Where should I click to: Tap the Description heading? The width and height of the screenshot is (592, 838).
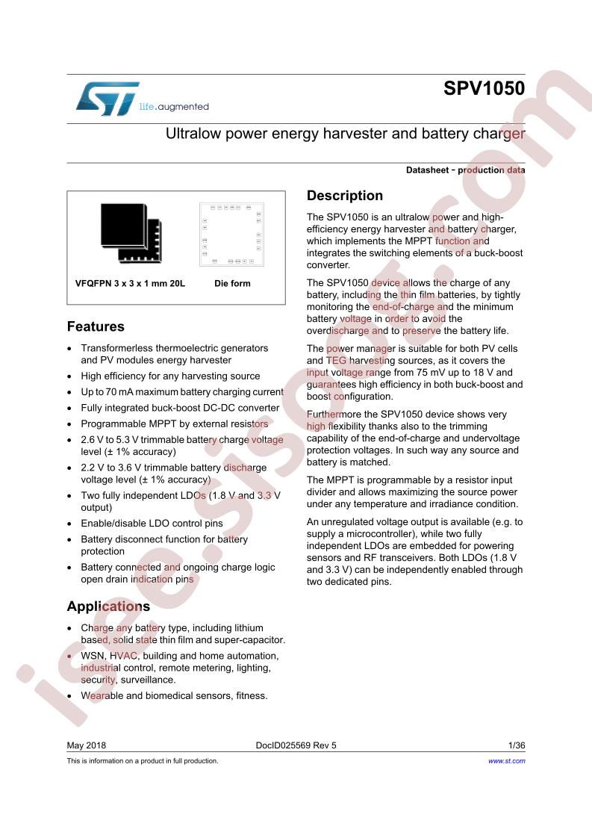[x=345, y=196]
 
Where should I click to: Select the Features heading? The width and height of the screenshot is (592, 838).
[x=96, y=326]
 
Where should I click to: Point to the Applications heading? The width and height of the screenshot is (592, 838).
[x=108, y=606]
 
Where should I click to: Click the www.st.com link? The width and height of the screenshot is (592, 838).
[x=506, y=760]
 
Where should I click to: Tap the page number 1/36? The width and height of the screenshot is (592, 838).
[x=516, y=745]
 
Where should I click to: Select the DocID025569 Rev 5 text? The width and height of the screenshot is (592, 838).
[x=296, y=745]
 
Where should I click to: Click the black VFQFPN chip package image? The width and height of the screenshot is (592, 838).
[x=131, y=232]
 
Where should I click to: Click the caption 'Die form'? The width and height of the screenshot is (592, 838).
[x=232, y=284]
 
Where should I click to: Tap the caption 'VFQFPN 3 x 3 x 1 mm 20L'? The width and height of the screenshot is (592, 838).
[x=130, y=284]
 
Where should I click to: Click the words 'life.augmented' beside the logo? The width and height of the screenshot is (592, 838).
[x=174, y=107]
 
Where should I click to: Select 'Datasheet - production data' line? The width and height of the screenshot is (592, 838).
[x=465, y=170]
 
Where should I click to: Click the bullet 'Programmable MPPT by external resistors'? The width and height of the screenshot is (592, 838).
[x=174, y=423]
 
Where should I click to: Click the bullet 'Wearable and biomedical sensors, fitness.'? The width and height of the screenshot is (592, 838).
[x=174, y=695]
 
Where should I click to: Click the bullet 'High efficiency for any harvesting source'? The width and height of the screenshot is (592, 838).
[x=170, y=376]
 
